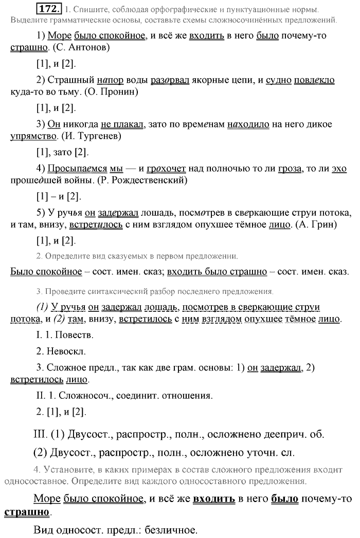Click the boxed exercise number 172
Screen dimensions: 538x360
53,9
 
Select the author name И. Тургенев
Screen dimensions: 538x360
91,137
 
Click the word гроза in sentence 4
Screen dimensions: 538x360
290,169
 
